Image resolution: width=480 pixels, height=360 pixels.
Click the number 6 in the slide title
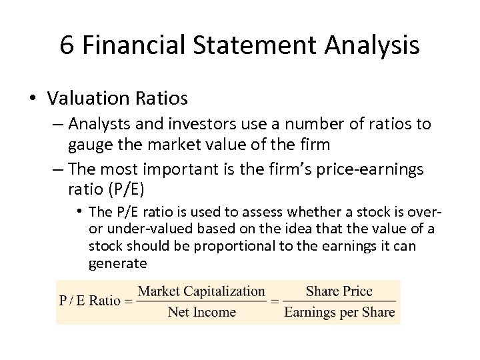[x=67, y=45]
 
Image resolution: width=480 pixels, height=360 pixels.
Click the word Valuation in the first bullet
[x=82, y=99]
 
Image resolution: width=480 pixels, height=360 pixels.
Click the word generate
[x=117, y=263]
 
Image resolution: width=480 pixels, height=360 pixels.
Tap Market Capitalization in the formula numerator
[x=201, y=291]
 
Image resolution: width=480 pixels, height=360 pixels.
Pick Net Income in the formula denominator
[x=201, y=311]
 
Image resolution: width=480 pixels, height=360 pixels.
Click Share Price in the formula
[x=339, y=291]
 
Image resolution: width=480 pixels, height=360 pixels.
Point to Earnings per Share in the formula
[x=339, y=311]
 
